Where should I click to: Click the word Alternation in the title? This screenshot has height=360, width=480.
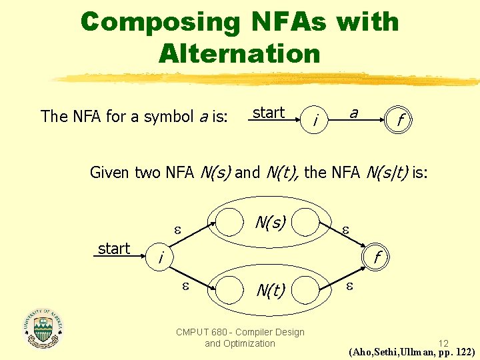tap(239, 53)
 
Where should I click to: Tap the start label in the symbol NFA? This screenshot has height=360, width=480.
tap(269, 113)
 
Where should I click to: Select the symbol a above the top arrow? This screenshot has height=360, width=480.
tap(354, 113)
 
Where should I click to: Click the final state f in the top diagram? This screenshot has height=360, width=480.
tap(399, 121)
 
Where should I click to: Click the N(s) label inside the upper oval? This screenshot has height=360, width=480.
tap(269, 221)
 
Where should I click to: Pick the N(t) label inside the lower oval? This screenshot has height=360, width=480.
tap(271, 290)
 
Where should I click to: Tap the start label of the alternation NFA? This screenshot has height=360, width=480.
tap(114, 249)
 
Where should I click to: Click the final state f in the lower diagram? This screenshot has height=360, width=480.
tap(377, 257)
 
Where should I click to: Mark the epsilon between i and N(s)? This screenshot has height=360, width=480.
tap(177, 229)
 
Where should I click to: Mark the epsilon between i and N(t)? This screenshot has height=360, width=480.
tap(186, 286)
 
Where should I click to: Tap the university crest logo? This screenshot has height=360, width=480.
tap(43, 328)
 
